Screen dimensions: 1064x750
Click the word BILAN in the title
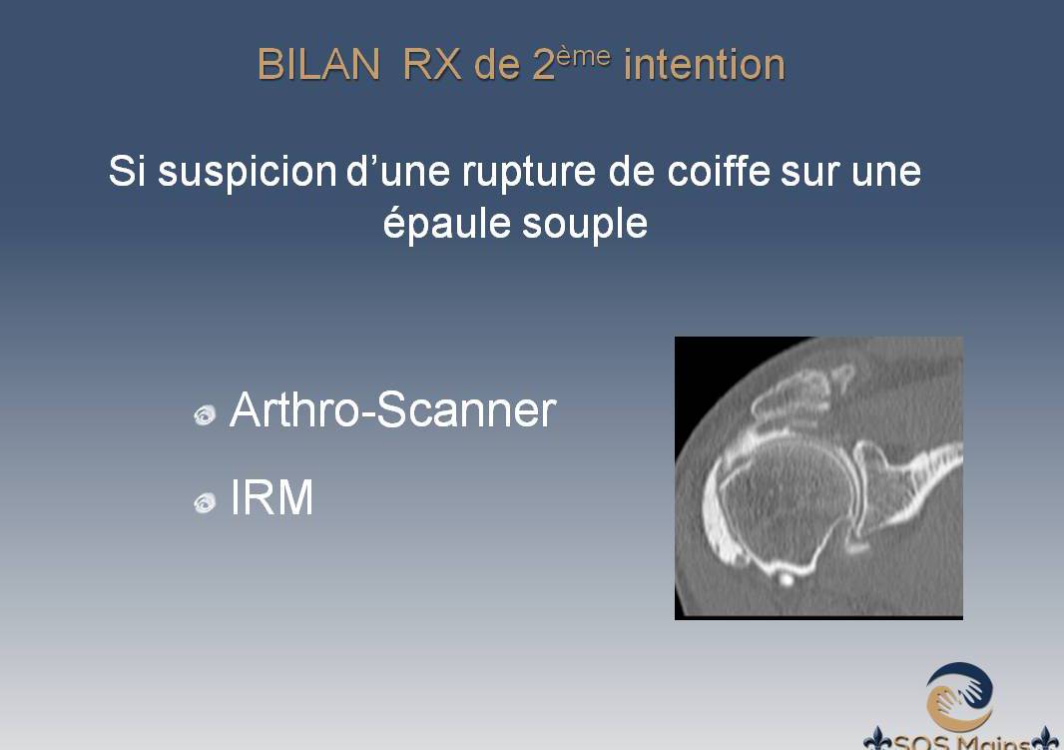318,65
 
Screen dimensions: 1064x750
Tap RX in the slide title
431,65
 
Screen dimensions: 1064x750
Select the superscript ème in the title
583,57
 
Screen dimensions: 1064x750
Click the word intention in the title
705,65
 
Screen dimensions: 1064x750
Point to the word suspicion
247,172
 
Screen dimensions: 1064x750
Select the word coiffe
719,170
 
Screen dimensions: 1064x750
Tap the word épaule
446,223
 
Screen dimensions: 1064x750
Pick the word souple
585,223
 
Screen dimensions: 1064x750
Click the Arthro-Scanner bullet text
393,410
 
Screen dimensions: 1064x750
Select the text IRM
271,497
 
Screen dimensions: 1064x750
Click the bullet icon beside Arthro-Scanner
205,414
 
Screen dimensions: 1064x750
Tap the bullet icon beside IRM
205,503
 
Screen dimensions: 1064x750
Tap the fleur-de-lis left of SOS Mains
877,740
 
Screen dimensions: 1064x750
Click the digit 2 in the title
544,65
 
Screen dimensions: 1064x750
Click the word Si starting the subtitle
127,171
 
